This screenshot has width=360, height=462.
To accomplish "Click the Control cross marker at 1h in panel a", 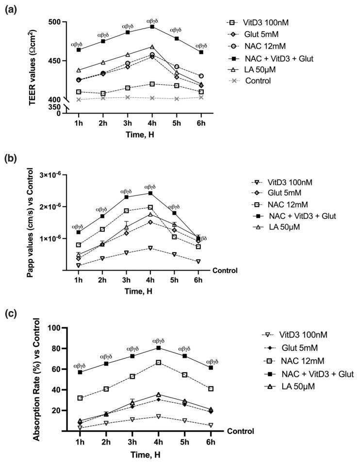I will click(79, 99).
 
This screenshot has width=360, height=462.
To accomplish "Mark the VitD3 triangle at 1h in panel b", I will click(78, 265).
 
